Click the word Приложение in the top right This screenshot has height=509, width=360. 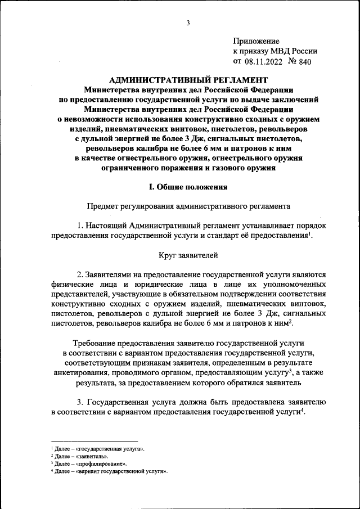pyautogui.click(x=256, y=41)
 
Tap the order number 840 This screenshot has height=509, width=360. pyautogui.click(x=304, y=61)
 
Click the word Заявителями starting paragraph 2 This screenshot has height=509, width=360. pyautogui.click(x=110, y=274)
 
